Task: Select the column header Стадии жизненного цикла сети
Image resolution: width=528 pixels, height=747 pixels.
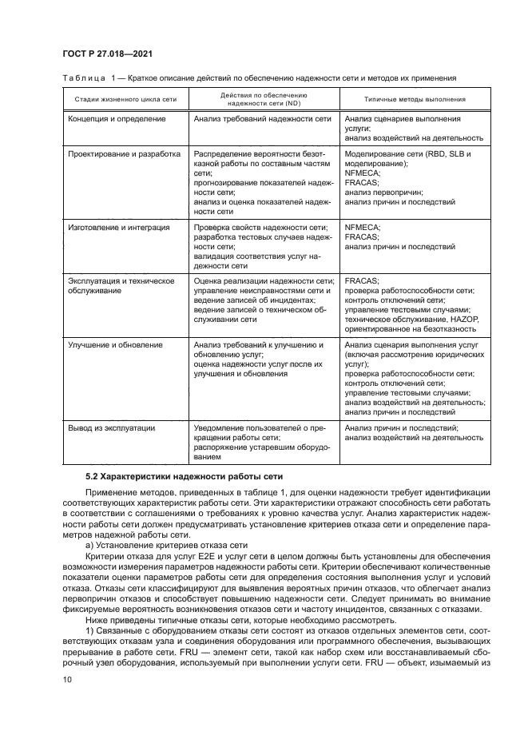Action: [122, 99]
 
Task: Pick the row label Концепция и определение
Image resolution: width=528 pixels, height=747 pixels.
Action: [117, 119]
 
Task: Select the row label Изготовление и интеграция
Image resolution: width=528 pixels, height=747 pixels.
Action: [118, 228]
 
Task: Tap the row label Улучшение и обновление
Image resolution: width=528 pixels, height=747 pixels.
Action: [115, 344]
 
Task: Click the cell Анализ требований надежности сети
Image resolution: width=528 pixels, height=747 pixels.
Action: [262, 119]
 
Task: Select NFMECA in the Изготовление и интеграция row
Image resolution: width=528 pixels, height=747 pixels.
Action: [363, 228]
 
